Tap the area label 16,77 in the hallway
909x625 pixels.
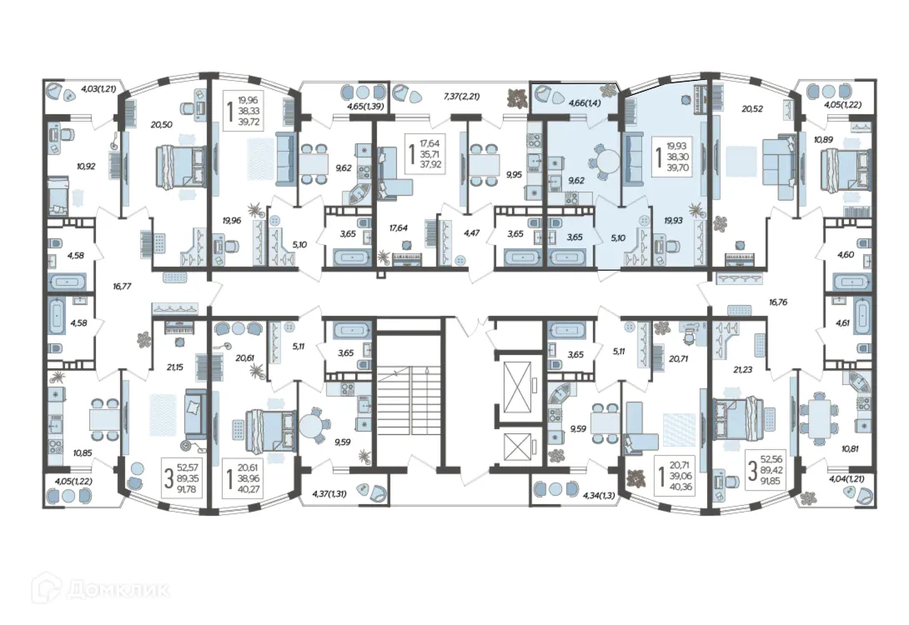[122, 286]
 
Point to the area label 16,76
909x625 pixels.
[778, 302]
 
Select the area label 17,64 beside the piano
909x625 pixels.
[399, 227]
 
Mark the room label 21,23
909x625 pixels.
[742, 369]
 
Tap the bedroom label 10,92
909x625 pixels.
[86, 166]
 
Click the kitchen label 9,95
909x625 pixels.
[515, 174]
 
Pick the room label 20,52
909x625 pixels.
[752, 108]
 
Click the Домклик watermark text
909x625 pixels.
[118, 590]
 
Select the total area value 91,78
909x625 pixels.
[188, 489]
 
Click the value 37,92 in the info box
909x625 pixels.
[431, 164]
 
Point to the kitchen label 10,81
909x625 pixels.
[850, 447]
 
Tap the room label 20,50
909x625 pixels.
[162, 124]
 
